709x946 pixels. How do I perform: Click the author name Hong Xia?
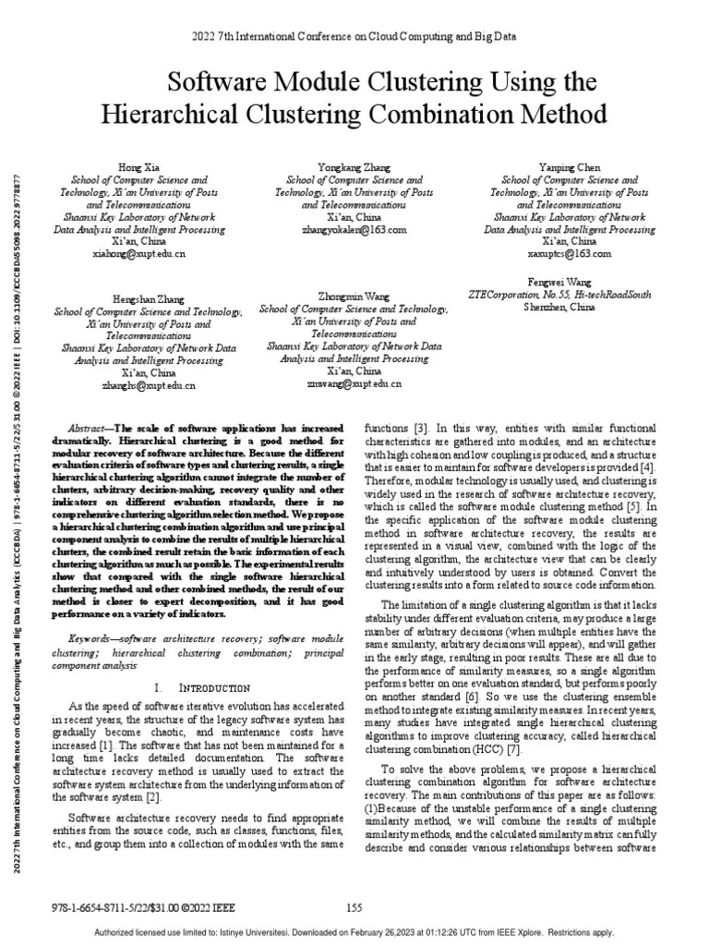point(139,167)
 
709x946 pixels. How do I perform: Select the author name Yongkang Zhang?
point(354,167)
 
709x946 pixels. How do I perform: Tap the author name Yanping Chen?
point(570,167)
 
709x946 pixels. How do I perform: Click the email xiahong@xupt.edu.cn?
point(139,252)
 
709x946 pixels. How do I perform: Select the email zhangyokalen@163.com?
point(354,228)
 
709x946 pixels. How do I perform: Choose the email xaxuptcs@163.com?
point(570,252)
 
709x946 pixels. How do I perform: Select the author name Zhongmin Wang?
point(354,296)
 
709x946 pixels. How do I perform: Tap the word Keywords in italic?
point(93,639)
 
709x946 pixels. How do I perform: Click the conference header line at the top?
point(354,36)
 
